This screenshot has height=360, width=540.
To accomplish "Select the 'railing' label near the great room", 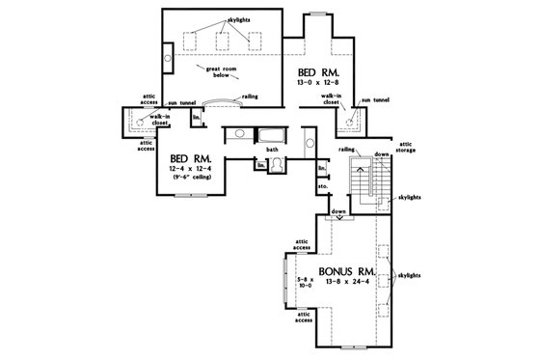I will tap(248, 97).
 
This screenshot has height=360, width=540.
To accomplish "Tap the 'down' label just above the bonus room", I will tap(337, 210).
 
